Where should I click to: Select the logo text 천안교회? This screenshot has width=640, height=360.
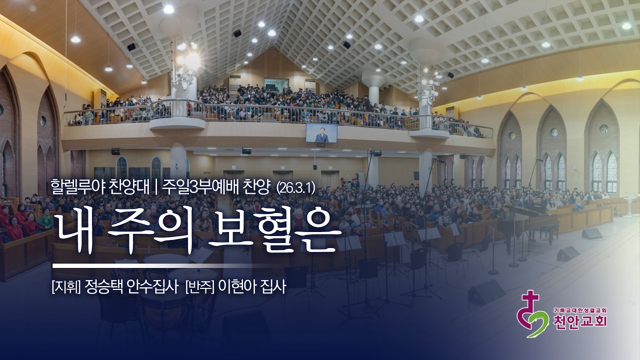[581, 321]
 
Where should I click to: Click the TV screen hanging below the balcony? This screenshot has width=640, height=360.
[321, 132]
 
